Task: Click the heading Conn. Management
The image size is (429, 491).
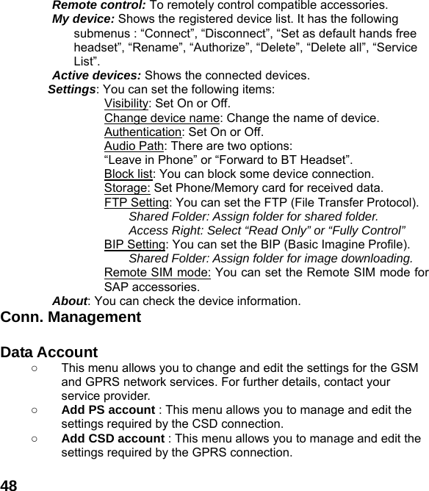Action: (71, 318)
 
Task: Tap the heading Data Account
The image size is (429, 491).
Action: (49, 352)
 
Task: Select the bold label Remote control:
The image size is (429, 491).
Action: (99, 5)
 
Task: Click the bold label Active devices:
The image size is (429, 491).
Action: (97, 75)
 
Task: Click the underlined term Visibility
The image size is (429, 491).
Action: (126, 103)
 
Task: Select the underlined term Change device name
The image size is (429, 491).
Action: (162, 118)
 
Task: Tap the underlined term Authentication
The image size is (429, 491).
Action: (143, 132)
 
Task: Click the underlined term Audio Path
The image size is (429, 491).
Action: (134, 146)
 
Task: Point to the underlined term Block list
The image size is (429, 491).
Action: (129, 174)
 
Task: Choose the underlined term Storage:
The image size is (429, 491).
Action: (128, 188)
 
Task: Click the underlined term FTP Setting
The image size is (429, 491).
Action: (137, 203)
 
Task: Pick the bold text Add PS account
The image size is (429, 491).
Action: (108, 409)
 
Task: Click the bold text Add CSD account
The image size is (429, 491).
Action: (113, 438)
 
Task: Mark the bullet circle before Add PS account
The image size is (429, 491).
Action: (35, 409)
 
